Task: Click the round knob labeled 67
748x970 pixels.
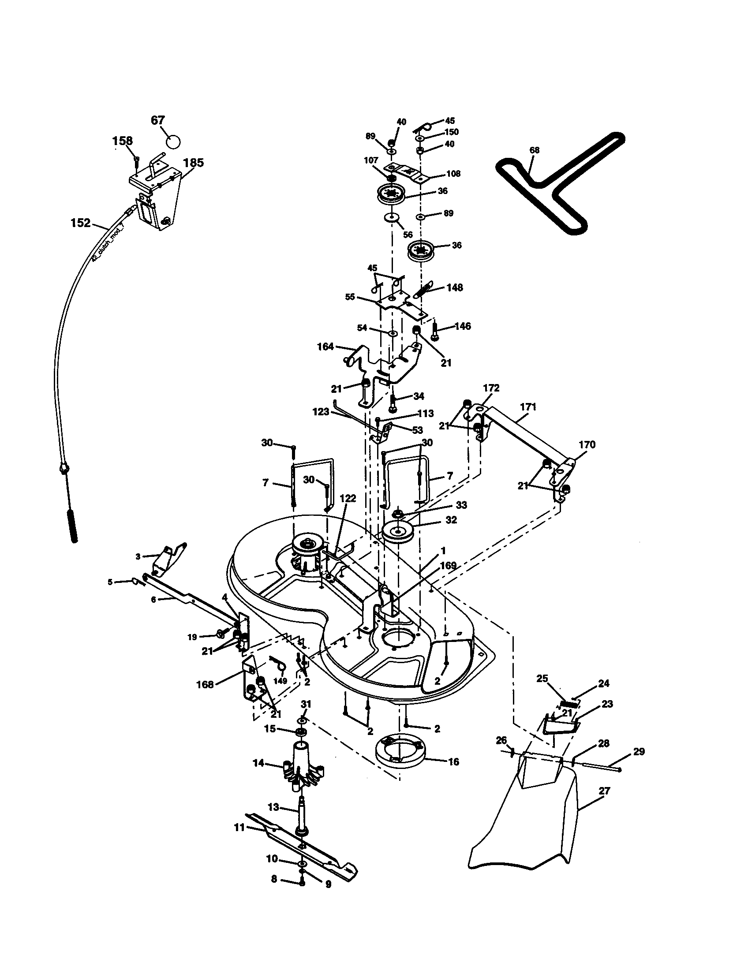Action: pos(173,141)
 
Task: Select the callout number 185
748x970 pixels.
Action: pos(193,163)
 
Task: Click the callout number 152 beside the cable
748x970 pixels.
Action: pos(80,223)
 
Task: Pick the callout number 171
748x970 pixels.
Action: pos(527,407)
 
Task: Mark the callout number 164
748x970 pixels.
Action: pos(325,346)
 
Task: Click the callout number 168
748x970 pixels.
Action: pos(205,684)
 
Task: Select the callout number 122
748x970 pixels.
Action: pos(348,498)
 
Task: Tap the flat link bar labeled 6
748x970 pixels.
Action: pos(191,597)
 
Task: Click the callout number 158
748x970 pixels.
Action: pos(122,141)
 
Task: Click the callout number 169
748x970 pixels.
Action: pos(448,565)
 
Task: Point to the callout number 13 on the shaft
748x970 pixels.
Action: pos(273,807)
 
